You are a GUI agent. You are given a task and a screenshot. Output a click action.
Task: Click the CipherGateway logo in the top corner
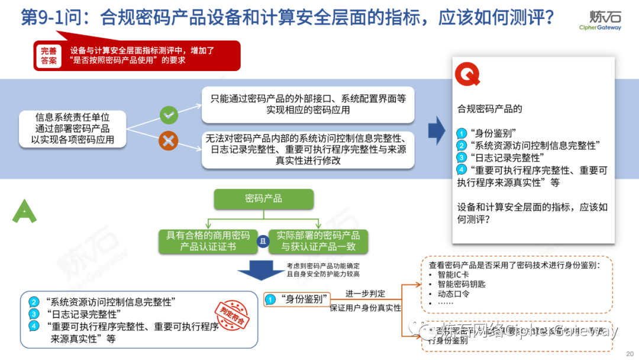600,19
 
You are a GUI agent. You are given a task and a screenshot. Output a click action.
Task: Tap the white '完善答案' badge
50,55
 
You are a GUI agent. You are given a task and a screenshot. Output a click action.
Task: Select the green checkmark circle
169,115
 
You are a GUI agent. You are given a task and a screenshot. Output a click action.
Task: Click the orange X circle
169,141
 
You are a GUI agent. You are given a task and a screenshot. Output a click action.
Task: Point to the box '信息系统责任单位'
73,128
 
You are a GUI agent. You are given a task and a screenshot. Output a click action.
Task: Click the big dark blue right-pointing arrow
437,129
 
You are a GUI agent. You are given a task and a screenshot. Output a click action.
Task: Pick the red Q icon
467,73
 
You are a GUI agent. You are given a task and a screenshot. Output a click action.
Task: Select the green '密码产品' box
263,199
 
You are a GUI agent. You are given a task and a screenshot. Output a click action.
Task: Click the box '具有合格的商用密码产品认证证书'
208,240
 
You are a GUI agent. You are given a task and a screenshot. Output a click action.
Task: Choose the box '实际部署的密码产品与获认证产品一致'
318,240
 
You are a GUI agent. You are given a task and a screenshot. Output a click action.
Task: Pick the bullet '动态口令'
453,294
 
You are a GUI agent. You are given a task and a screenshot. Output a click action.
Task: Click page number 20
630,353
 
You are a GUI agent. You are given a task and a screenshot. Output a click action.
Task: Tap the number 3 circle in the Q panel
462,157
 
